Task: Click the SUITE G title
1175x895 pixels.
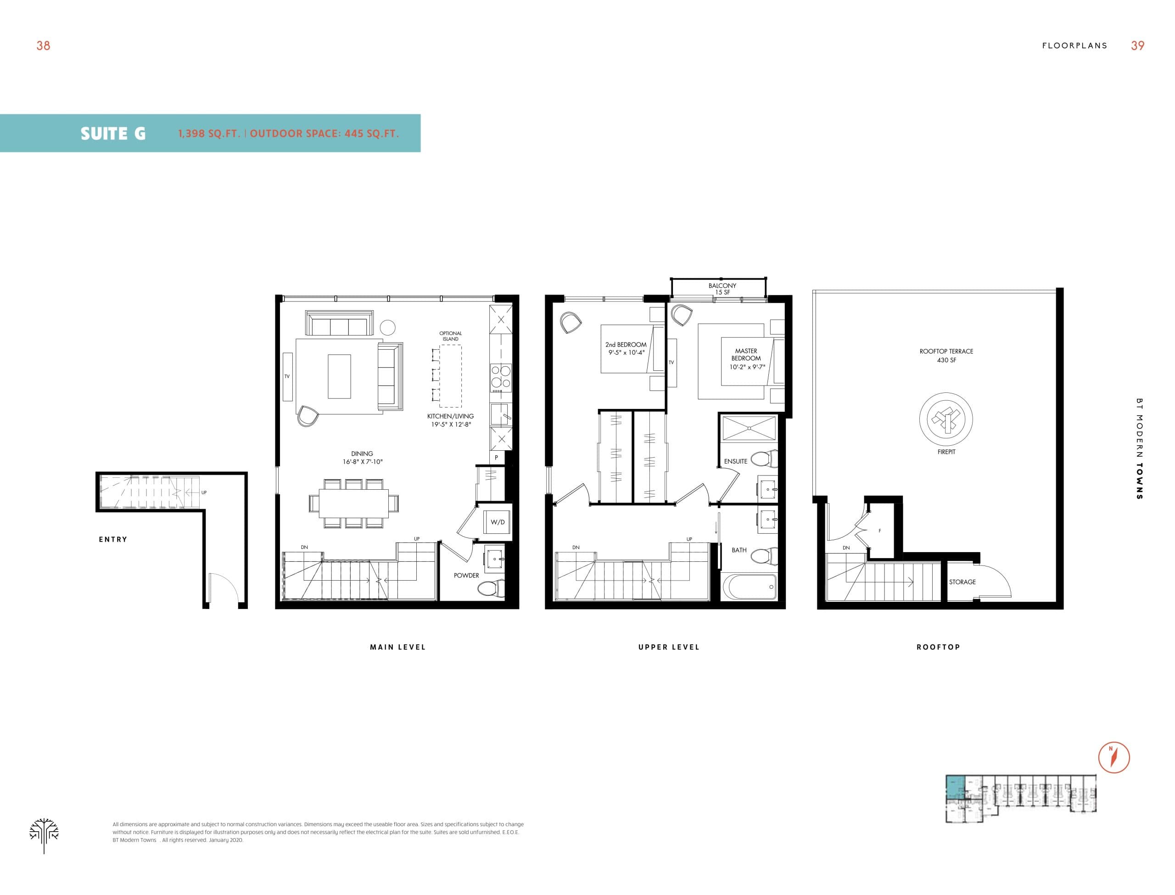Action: [x=113, y=133]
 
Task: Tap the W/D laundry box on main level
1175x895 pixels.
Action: [x=497, y=522]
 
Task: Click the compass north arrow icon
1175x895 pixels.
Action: [x=1114, y=757]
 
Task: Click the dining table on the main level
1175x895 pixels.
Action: [x=353, y=503]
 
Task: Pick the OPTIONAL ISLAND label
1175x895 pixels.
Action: [x=450, y=336]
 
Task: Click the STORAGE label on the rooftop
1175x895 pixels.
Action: [x=962, y=582]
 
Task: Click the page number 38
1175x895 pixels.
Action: [x=43, y=46]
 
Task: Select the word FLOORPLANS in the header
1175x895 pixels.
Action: [x=1074, y=46]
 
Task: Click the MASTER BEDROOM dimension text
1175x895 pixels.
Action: [x=747, y=367]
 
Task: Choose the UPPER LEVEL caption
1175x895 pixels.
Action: [x=668, y=647]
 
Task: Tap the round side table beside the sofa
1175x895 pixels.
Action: [x=388, y=327]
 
